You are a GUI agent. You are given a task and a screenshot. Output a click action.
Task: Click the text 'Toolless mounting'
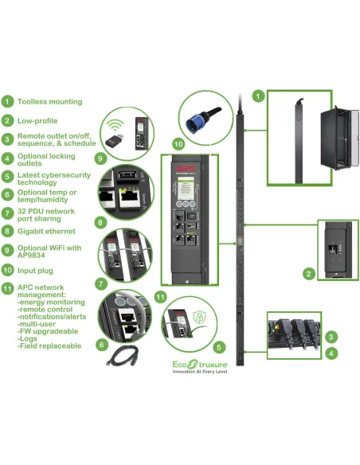point(49,102)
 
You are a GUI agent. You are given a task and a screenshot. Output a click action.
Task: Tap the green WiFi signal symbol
point(117,124)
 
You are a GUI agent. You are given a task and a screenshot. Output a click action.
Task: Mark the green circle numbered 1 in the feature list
point(7,102)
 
